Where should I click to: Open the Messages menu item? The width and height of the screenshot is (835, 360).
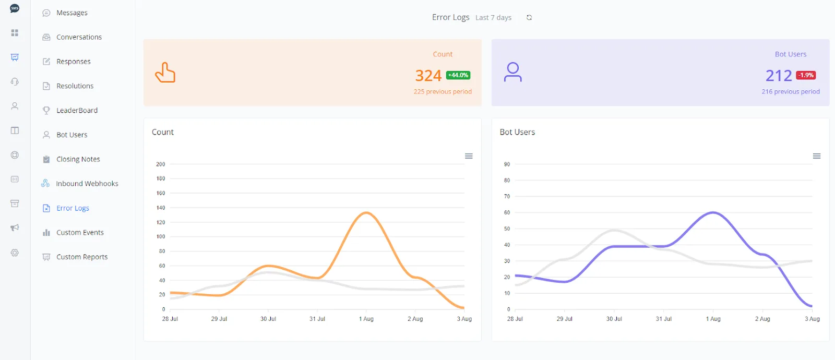pyautogui.click(x=71, y=13)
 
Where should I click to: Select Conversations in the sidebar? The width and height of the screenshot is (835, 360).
pyautogui.click(x=79, y=37)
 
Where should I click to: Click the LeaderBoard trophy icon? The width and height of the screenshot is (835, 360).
pyautogui.click(x=46, y=110)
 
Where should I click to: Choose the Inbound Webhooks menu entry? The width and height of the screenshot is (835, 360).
pyautogui.click(x=87, y=183)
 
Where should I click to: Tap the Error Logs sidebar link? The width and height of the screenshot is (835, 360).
pyautogui.click(x=73, y=208)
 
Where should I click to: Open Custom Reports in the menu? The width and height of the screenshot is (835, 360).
pyautogui.click(x=81, y=257)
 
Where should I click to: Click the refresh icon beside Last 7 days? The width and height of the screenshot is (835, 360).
pyautogui.click(x=529, y=18)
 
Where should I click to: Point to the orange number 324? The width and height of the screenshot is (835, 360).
pyautogui.click(x=428, y=76)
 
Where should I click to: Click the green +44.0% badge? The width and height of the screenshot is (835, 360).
pyautogui.click(x=458, y=75)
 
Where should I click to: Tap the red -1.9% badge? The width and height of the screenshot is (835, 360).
pyautogui.click(x=806, y=75)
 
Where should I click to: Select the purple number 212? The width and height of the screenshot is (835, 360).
pyautogui.click(x=779, y=76)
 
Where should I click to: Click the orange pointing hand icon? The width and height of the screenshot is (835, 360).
pyautogui.click(x=165, y=73)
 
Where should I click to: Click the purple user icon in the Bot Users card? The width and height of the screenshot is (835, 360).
pyautogui.click(x=513, y=72)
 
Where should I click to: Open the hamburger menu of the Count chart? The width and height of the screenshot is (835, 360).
pyautogui.click(x=469, y=156)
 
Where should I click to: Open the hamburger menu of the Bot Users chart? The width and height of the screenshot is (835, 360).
pyautogui.click(x=816, y=156)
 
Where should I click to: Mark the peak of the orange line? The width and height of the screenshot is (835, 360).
pyautogui.click(x=366, y=213)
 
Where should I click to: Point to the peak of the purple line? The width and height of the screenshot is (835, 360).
pyautogui.click(x=713, y=212)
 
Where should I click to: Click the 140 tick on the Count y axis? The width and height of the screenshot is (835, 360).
pyautogui.click(x=161, y=208)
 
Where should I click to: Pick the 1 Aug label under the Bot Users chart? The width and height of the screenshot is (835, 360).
pyautogui.click(x=713, y=319)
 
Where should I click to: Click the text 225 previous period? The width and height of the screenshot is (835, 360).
pyautogui.click(x=443, y=92)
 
